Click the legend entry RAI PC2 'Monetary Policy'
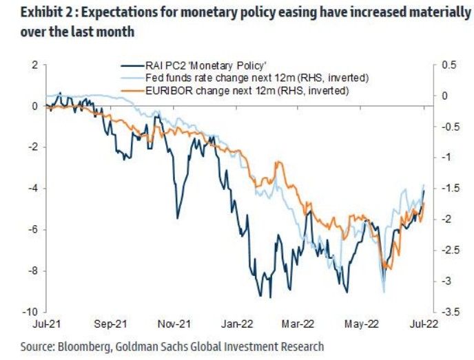coord(199,66)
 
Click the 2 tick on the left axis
coord(32,65)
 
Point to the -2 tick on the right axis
coord(445,219)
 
